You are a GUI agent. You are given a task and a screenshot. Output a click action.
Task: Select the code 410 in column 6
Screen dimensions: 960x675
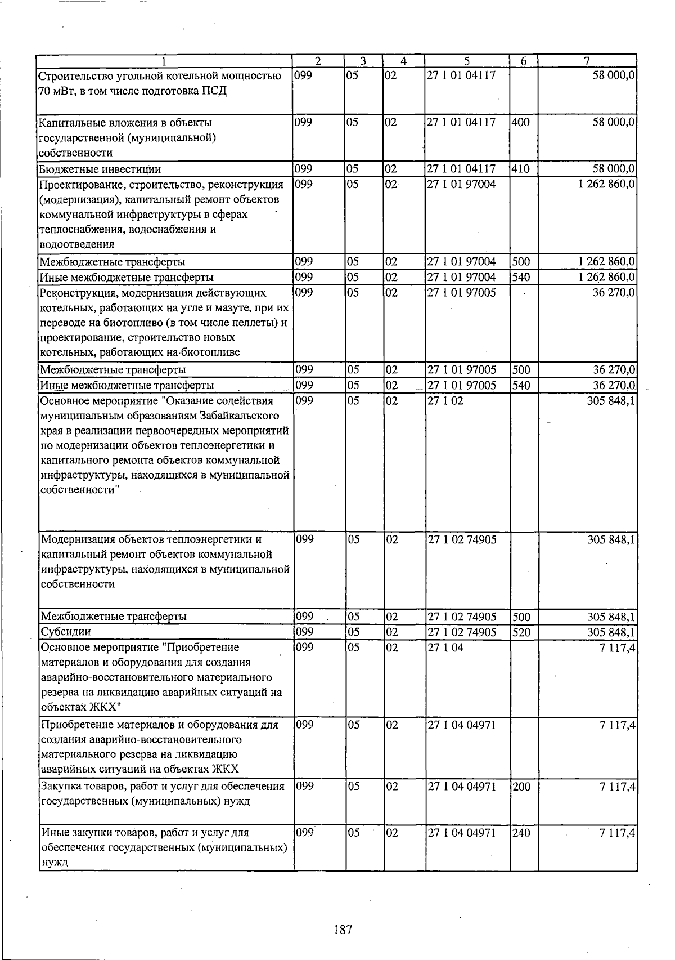tap(521, 168)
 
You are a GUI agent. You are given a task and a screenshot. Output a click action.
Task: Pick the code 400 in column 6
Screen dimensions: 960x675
tap(521, 122)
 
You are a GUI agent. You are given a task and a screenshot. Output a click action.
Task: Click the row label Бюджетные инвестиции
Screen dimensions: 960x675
tap(100, 169)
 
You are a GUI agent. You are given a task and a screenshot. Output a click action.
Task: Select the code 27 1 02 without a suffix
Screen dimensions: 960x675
tap(445, 401)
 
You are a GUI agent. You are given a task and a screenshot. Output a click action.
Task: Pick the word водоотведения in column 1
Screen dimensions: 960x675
tap(76, 244)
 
